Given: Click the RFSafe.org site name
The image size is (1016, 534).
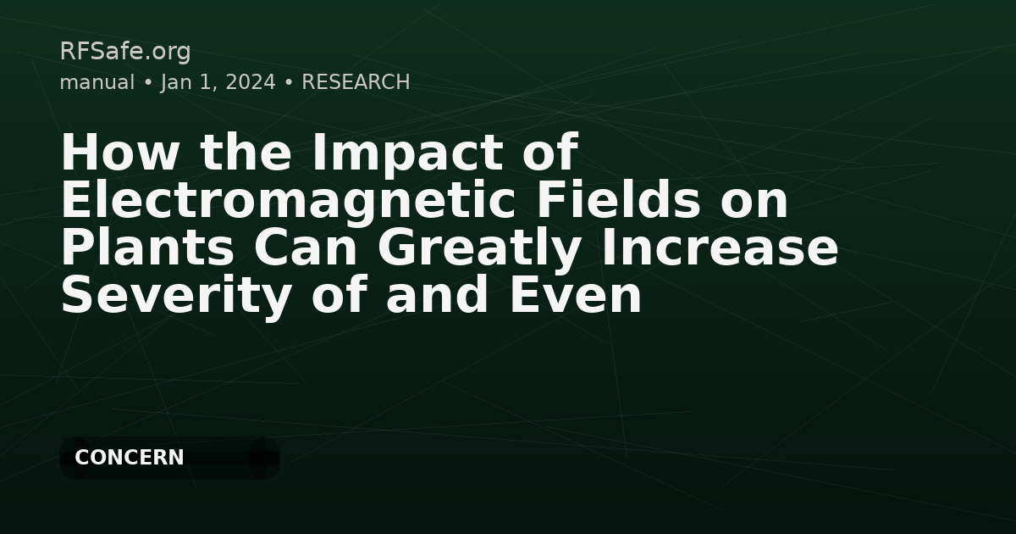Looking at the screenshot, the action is tap(125, 52).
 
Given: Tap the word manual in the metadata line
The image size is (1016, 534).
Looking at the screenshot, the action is tap(97, 82).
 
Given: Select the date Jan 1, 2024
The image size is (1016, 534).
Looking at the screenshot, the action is tap(218, 83).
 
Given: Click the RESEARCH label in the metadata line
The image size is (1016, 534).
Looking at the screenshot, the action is tap(356, 82).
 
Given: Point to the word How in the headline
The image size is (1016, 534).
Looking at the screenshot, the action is tap(119, 152).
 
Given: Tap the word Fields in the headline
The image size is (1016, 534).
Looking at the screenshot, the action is tap(618, 200).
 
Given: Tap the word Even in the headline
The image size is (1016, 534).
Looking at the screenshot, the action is tap(576, 295).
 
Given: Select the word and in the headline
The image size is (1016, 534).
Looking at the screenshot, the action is tap(437, 295).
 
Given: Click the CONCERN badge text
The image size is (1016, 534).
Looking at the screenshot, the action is tap(130, 457).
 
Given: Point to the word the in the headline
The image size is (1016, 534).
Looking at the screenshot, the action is tap(246, 152).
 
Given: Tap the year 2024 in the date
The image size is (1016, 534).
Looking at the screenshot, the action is tap(251, 82).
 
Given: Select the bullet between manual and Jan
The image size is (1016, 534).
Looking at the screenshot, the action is tap(147, 83).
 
